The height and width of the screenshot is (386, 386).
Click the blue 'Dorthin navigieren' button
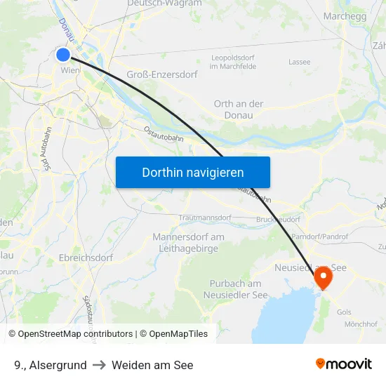click(x=192, y=172)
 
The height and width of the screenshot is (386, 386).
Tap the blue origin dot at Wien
click(x=63, y=54)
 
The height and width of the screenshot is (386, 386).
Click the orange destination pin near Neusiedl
click(x=324, y=277)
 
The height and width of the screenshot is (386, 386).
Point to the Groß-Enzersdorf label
click(x=162, y=74)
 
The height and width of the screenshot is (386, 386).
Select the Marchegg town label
click(x=345, y=16)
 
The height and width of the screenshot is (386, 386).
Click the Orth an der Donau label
click(x=239, y=109)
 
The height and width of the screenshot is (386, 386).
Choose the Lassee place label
click(x=299, y=62)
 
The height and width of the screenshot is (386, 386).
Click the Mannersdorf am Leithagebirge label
click(x=188, y=242)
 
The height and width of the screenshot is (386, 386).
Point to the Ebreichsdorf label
click(x=86, y=258)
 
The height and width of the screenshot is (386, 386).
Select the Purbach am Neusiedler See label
click(x=236, y=288)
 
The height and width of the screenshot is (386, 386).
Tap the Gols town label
click(x=344, y=311)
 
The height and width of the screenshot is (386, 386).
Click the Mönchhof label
click(x=361, y=324)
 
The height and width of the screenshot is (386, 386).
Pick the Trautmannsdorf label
click(x=205, y=218)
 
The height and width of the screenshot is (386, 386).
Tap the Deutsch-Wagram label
click(x=164, y=4)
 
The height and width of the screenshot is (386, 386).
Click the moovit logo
click(x=344, y=364)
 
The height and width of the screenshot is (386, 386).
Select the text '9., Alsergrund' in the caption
click(x=50, y=365)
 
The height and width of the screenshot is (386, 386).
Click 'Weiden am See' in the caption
click(x=152, y=365)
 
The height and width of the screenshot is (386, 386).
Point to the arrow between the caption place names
click(x=99, y=365)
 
